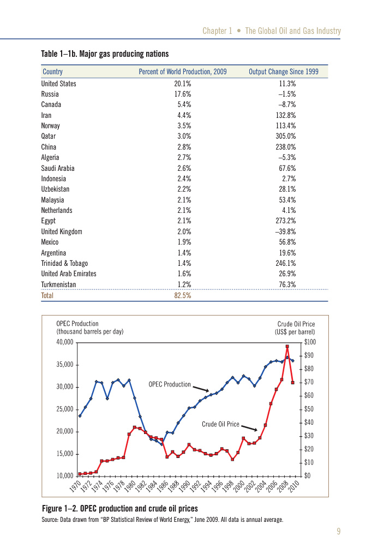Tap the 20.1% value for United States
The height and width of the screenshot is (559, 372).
pyautogui.click(x=182, y=84)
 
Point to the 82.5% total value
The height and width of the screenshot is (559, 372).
pyautogui.click(x=182, y=295)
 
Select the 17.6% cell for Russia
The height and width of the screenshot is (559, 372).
pyautogui.click(x=182, y=94)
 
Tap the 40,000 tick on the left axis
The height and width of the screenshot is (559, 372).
pyautogui.click(x=64, y=342)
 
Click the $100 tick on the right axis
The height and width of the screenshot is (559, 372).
pyautogui.click(x=309, y=342)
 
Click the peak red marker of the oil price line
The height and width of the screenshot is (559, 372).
pyautogui.click(x=287, y=347)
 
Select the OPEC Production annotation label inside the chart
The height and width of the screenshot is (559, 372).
pyautogui.click(x=170, y=384)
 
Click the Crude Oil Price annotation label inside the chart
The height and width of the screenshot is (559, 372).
pyautogui.click(x=220, y=424)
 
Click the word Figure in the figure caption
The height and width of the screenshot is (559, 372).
pyautogui.click(x=52, y=509)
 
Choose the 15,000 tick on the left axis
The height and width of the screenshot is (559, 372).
pyautogui.click(x=64, y=454)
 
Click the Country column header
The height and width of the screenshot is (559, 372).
pyautogui.click(x=52, y=72)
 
